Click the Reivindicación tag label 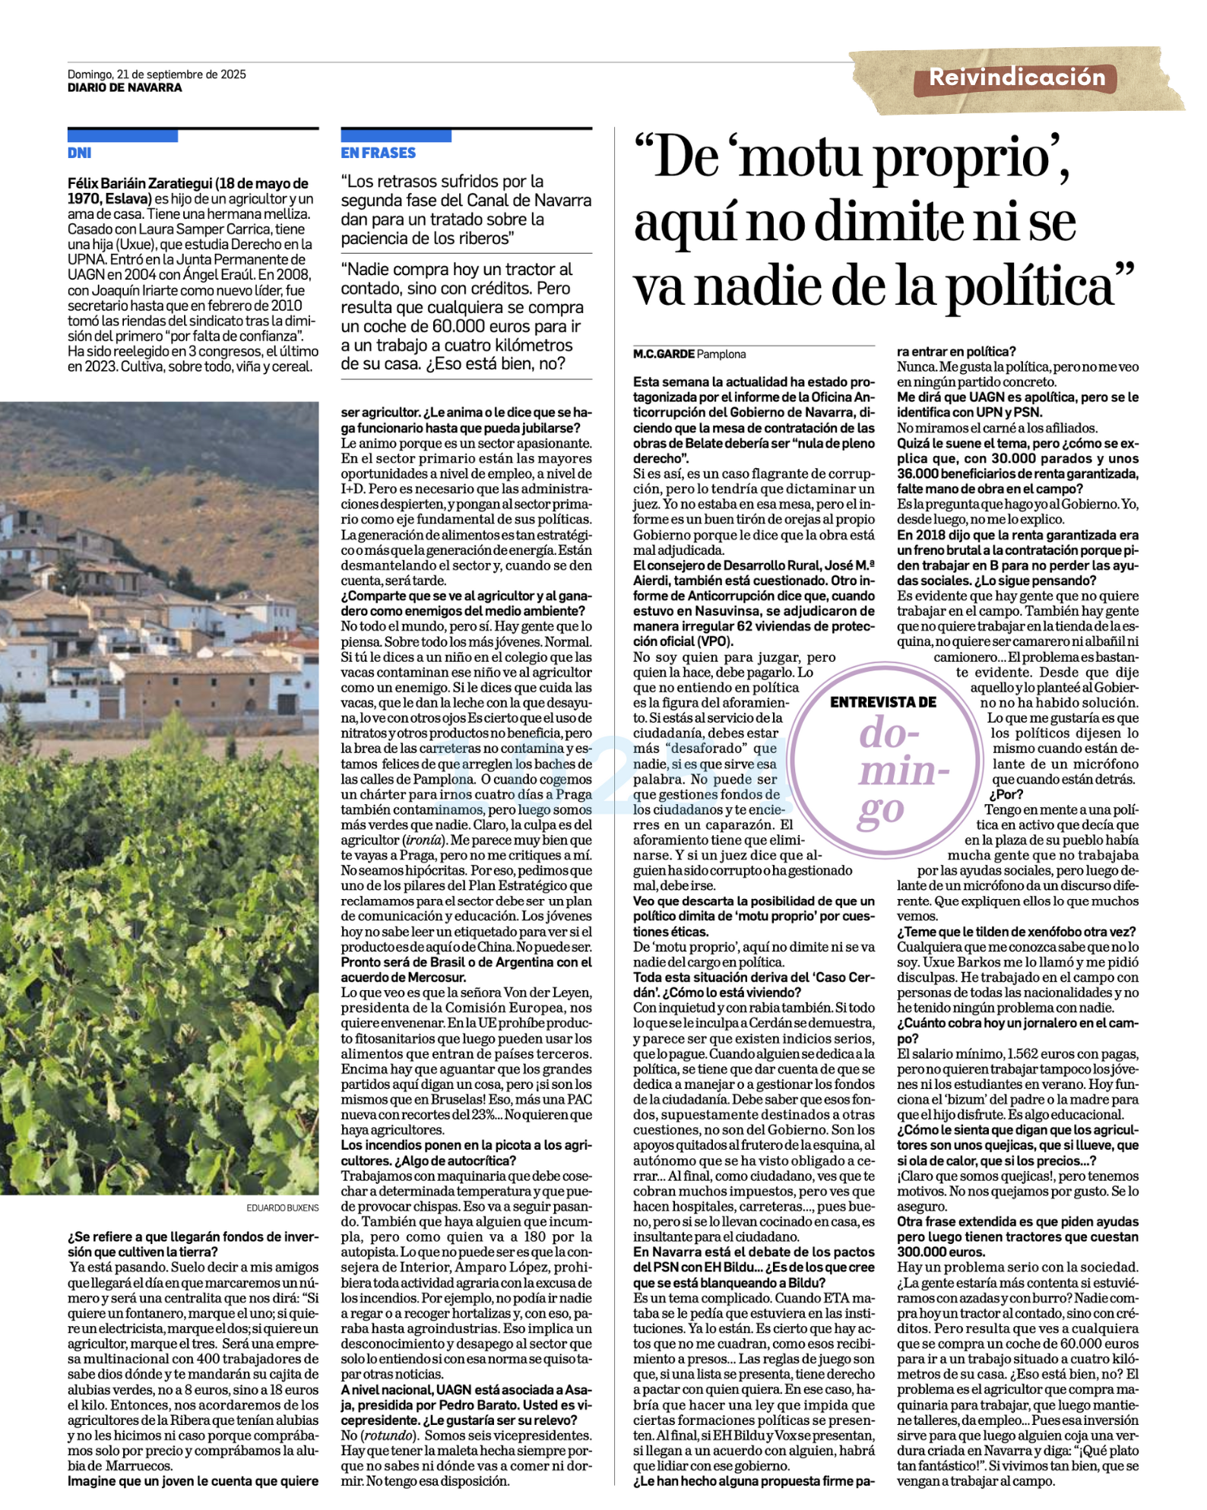(x=1017, y=78)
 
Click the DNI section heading (x=79, y=153)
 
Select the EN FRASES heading (x=378, y=153)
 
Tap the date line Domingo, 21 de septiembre (x=157, y=74)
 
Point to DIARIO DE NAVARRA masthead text (x=125, y=87)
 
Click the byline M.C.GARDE (x=664, y=354)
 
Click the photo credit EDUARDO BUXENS (x=282, y=1208)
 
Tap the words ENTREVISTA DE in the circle (x=882, y=702)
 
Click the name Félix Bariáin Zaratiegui (x=140, y=184)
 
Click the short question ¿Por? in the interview (x=1006, y=795)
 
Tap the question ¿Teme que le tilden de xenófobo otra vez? (x=1016, y=932)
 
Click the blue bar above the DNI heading (x=122, y=136)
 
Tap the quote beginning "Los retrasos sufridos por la (x=466, y=210)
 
